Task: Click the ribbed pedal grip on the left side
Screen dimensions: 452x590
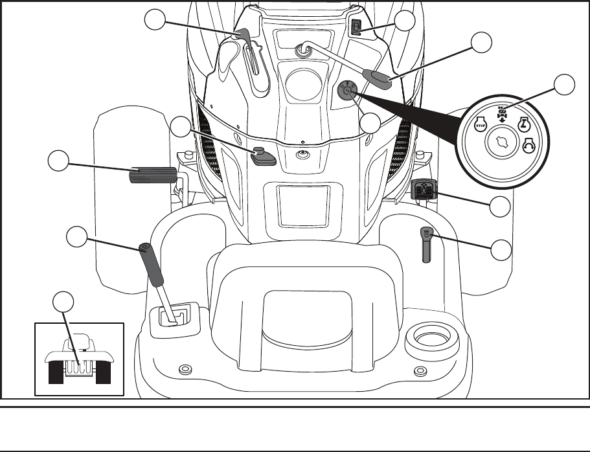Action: [x=153, y=175]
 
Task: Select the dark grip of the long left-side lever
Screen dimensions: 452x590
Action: [x=150, y=266]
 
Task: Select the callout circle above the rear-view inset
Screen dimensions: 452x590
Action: [x=63, y=302]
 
